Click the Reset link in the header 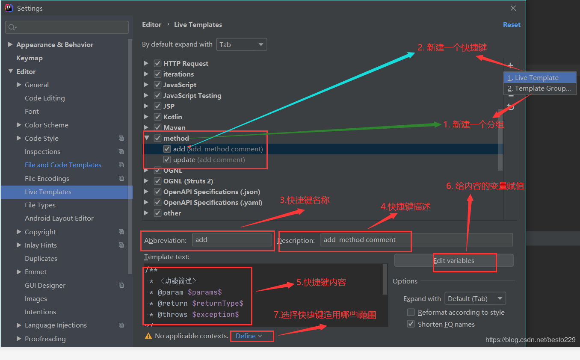tap(512, 25)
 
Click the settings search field tap(67, 27)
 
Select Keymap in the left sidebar tap(29, 58)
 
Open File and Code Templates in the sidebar tap(63, 165)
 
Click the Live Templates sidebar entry tap(48, 192)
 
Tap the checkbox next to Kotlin tap(158, 117)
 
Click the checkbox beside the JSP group tap(158, 106)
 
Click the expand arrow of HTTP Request tap(146, 63)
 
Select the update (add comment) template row tap(209, 159)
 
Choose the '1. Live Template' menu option tap(533, 78)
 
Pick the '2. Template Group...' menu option tap(539, 89)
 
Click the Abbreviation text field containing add tap(232, 240)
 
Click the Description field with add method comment tap(416, 240)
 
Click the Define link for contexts tap(249, 336)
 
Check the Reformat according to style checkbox tap(411, 313)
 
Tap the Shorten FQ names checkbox tap(411, 324)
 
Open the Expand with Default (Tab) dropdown tap(475, 299)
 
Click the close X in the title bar tap(513, 8)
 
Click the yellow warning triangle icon tap(148, 336)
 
